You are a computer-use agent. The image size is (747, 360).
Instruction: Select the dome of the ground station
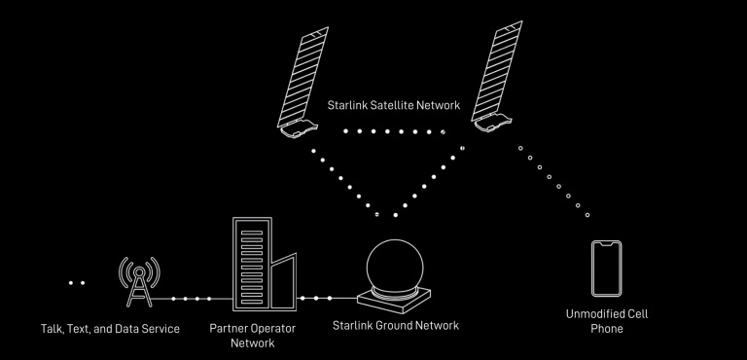coord(395,265)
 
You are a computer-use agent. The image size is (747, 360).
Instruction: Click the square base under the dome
coord(394,301)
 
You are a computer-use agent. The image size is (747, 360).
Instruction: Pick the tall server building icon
coord(252,264)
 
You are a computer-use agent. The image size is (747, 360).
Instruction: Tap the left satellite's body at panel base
coord(299,128)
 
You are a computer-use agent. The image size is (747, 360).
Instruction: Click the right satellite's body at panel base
coord(492,123)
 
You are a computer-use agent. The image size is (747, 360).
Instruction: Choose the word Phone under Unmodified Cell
coord(607,329)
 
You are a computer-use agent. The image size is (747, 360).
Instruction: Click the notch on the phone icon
coord(607,244)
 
